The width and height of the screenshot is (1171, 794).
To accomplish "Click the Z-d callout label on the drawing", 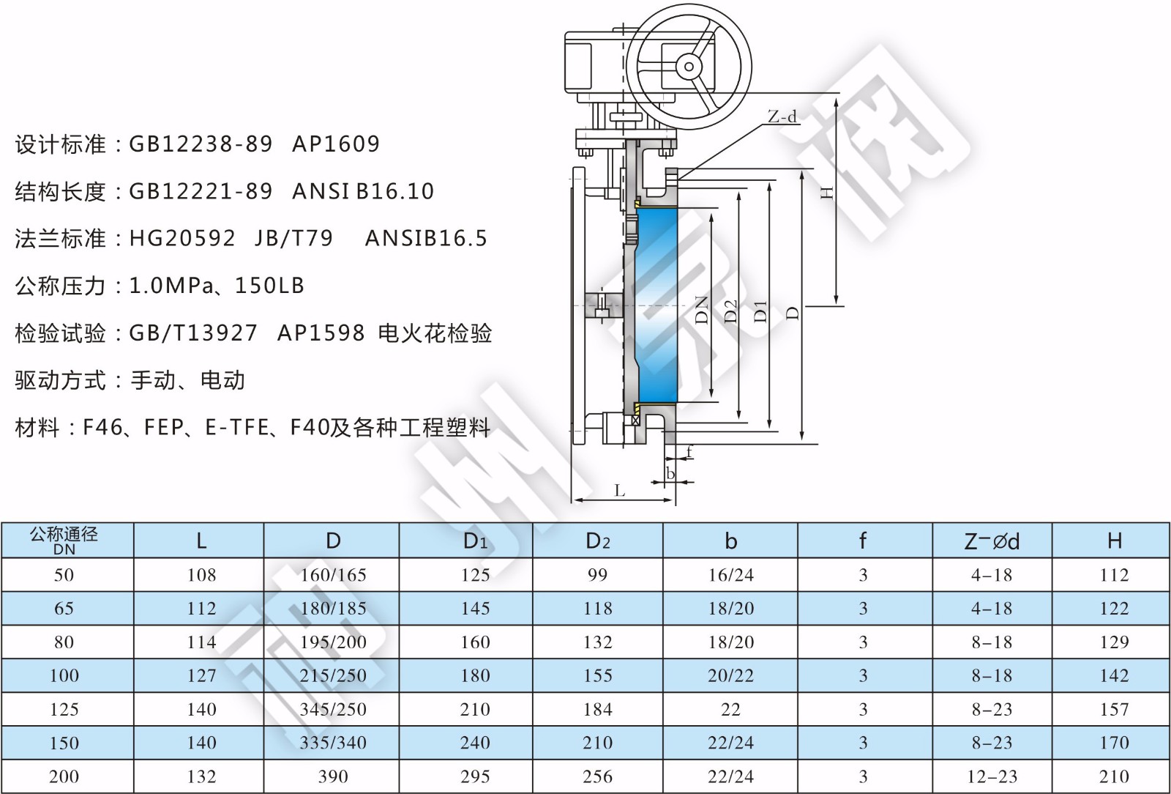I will click(x=782, y=116).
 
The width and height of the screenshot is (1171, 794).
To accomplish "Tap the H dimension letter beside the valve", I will click(x=827, y=193).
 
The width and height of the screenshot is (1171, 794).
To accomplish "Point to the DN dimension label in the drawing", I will click(x=702, y=310).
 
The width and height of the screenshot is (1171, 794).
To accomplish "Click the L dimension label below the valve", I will click(x=620, y=490).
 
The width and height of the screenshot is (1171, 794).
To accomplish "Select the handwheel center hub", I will click(x=689, y=67).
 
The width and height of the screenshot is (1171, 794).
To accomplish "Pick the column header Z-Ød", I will click(x=992, y=541).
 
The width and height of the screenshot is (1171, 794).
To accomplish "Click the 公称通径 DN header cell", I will click(x=64, y=541).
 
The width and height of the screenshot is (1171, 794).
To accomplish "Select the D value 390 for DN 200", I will click(x=333, y=776).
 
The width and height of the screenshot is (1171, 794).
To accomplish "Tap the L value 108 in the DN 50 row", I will click(x=201, y=575).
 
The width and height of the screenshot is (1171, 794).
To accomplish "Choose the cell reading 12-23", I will click(x=992, y=776).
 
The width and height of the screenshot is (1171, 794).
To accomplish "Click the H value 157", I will click(x=1114, y=709).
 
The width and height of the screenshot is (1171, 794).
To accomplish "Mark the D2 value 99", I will click(x=597, y=575).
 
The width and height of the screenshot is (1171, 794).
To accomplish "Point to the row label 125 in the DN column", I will click(x=64, y=709).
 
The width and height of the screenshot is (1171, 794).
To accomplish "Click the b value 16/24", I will click(x=730, y=575).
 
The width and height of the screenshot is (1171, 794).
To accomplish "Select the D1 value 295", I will click(x=475, y=776).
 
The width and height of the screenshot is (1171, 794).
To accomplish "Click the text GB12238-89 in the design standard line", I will click(x=201, y=144).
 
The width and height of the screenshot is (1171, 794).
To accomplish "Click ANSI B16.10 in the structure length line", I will click(x=363, y=191).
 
